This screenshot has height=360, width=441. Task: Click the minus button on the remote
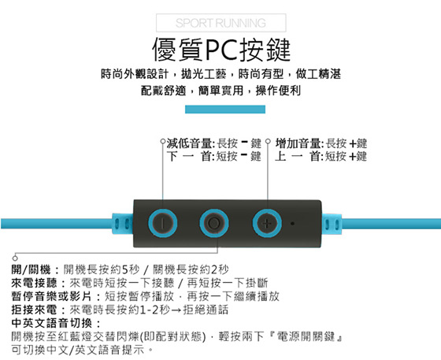(x=162, y=223)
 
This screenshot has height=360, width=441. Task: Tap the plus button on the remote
(x=267, y=223)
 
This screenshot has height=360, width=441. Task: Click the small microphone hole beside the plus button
(x=292, y=224)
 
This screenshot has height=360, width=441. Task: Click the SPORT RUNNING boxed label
(x=221, y=23)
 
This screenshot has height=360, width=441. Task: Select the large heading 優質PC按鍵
(x=221, y=50)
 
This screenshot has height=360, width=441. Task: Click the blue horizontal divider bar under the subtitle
(x=225, y=109)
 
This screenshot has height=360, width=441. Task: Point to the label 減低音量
(x=189, y=143)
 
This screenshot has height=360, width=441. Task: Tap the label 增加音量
(x=298, y=143)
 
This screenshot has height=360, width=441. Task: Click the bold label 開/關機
(x=31, y=269)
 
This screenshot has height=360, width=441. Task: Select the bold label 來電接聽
(x=35, y=283)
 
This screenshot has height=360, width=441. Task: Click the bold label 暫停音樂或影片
(x=52, y=296)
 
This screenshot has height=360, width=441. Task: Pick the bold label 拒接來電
(x=35, y=310)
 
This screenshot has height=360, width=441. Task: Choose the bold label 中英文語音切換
(x=52, y=323)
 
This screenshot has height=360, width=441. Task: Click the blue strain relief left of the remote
(x=122, y=224)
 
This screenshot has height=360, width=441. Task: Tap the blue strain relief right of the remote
(x=332, y=224)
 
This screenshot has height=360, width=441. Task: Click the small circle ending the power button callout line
(x=15, y=258)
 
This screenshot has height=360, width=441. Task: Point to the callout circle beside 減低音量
(x=162, y=141)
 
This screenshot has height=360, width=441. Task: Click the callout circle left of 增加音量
(x=268, y=141)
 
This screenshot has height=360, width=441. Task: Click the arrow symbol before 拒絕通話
(x=176, y=310)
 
